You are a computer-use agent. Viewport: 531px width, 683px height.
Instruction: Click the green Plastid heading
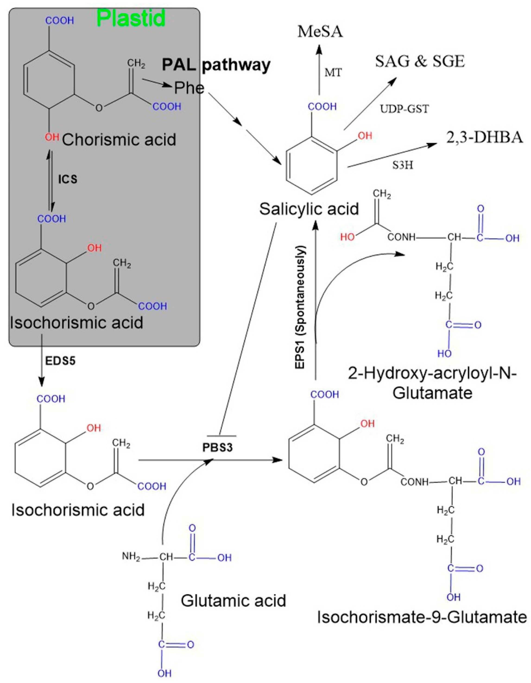tap(131, 18)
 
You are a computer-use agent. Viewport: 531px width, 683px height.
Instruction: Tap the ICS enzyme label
tap(67, 179)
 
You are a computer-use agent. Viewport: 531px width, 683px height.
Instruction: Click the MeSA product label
tap(320, 32)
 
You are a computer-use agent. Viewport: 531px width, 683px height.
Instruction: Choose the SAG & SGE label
tap(420, 62)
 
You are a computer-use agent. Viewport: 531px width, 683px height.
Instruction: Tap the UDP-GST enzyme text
tap(404, 109)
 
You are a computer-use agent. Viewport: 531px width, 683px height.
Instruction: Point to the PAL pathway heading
tap(216, 65)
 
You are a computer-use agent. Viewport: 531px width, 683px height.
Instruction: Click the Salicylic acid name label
tap(309, 209)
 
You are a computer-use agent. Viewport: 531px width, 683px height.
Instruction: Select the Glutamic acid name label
tap(233, 600)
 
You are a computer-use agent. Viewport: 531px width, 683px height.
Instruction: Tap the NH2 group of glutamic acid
tap(131, 557)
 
